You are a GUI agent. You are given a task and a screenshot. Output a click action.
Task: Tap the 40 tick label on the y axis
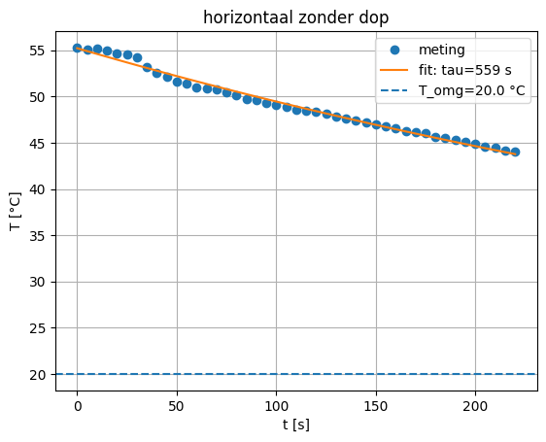tap(41, 189)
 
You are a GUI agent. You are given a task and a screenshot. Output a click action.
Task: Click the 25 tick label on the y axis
tap(41, 328)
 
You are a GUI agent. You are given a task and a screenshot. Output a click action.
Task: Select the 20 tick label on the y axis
tap(41, 375)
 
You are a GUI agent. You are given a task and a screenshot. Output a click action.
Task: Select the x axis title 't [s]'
tap(295, 425)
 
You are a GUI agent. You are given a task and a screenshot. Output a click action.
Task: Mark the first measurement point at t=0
tap(78, 48)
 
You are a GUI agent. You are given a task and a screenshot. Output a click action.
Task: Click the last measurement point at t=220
tap(515, 152)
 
